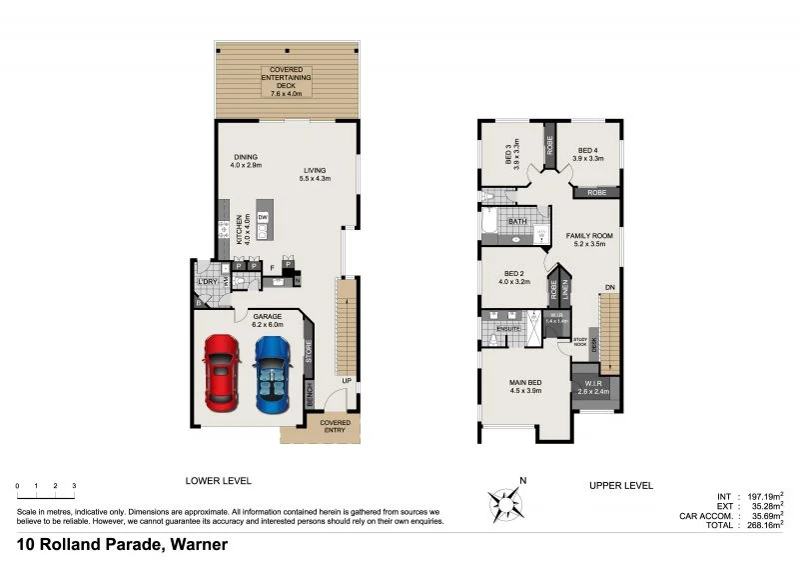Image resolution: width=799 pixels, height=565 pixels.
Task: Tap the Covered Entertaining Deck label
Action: coord(287,82)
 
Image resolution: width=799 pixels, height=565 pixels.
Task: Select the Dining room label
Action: coord(246,161)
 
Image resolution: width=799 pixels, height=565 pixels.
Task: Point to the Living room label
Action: coord(316,174)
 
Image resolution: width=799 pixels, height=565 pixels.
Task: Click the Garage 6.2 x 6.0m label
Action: coord(267,320)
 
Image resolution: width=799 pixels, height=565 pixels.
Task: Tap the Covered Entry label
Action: coord(335,426)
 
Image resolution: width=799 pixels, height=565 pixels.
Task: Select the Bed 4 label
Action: coord(587,154)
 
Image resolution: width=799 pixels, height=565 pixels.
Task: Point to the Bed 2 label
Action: coord(514,277)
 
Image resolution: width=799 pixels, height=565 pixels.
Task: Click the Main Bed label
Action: coord(526,386)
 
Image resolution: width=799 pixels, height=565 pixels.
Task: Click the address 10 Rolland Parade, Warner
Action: coord(122,545)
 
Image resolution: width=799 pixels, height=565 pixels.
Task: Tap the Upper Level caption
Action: coord(621,485)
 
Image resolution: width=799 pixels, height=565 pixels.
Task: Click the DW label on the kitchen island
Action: coord(263,217)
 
